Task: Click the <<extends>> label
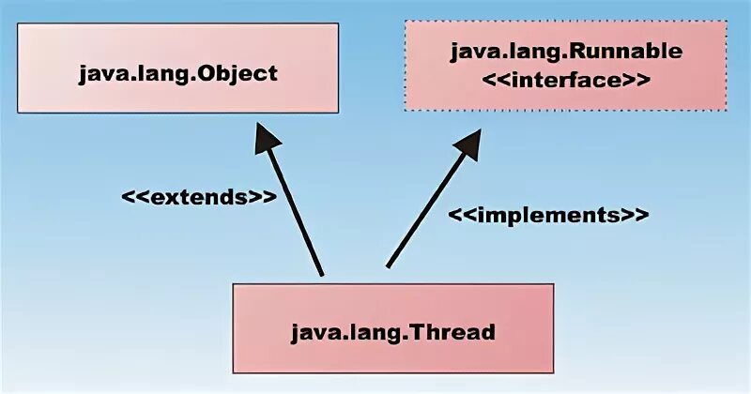[x=198, y=199]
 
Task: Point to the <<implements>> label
[x=547, y=214]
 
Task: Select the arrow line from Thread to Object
[x=295, y=211]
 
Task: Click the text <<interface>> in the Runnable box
[x=566, y=80]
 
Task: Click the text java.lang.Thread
[x=392, y=331]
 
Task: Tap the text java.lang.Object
[x=178, y=71]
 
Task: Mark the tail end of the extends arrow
[x=321, y=274]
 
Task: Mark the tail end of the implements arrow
[x=388, y=265]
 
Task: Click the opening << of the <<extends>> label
[x=132, y=199]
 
